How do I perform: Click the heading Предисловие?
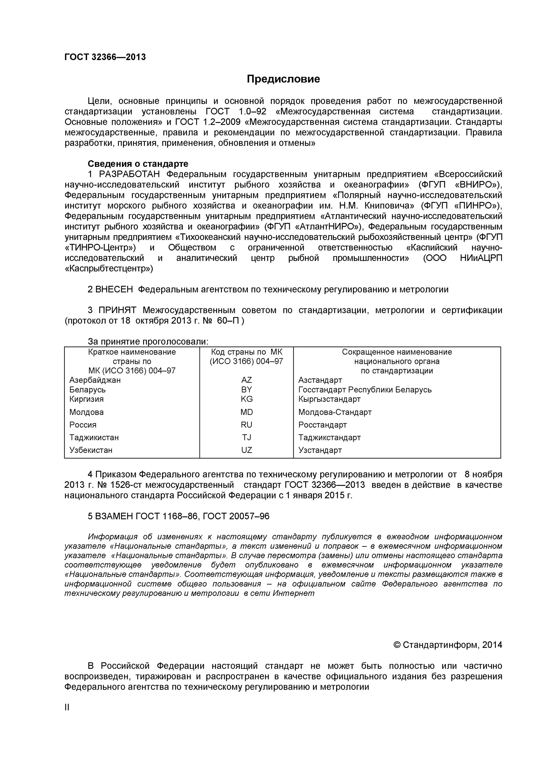tap(283, 79)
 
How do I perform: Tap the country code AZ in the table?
tap(246, 380)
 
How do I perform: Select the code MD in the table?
tap(246, 412)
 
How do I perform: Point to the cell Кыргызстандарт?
tap(329, 399)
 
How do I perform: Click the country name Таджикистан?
tap(94, 437)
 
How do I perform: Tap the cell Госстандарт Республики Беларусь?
tap(365, 390)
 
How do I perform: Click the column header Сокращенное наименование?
tap(397, 352)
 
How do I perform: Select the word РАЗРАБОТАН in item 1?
tap(129, 174)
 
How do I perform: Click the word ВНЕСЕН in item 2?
tap(114, 290)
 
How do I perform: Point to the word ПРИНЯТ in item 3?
tap(117, 310)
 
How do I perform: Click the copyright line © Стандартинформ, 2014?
tap(448, 645)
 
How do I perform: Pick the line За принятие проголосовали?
tap(148, 342)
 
